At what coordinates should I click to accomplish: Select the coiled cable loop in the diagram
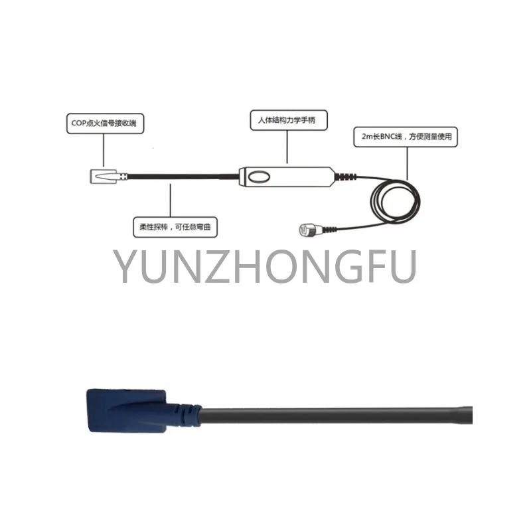coord(394,206)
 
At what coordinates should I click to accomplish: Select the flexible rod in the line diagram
coord(179,177)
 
